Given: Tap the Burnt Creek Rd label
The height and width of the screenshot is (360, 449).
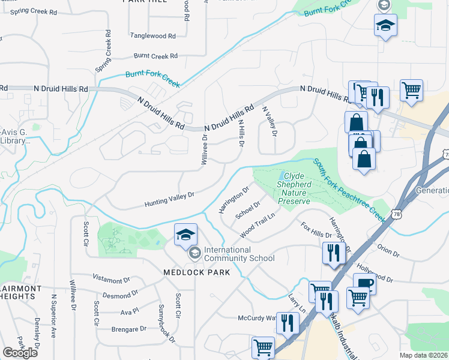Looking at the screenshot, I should [x=155, y=56].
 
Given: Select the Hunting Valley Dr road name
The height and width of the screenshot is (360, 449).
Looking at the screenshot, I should [x=170, y=200].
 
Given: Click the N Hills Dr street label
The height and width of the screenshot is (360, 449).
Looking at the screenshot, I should [x=241, y=133].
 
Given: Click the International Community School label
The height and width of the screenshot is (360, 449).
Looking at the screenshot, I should [x=239, y=254].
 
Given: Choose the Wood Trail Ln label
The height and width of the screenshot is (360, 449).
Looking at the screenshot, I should [x=257, y=224].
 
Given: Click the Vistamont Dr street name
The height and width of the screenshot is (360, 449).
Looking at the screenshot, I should [x=111, y=280].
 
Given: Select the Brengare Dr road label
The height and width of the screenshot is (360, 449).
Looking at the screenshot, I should [x=128, y=329].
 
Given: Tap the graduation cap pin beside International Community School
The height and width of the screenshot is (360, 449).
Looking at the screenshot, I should [x=186, y=235].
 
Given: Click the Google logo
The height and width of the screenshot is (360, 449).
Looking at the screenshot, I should [x=20, y=352].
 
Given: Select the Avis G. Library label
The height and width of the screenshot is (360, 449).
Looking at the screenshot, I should [x=14, y=137].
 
